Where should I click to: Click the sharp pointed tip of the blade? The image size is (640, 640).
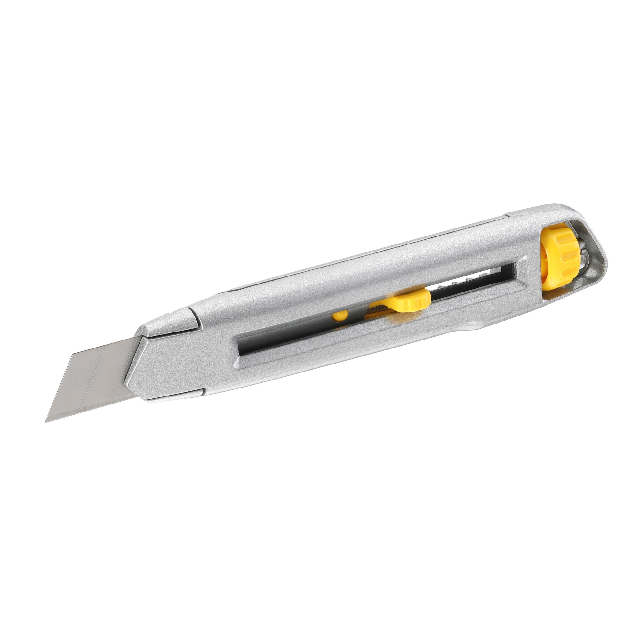tap(46, 422)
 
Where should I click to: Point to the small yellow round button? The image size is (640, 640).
tap(340, 316)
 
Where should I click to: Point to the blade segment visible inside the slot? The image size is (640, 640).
tap(265, 345)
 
